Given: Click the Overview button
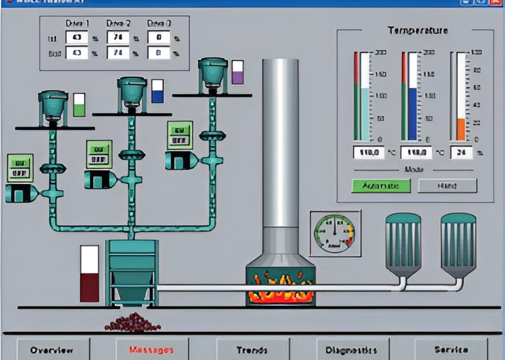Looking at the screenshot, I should pyautogui.click(x=52, y=350).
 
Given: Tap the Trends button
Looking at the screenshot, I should pyautogui.click(x=252, y=350).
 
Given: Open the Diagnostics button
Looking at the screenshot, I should pyautogui.click(x=352, y=350).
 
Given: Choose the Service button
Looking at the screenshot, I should pyautogui.click(x=452, y=350).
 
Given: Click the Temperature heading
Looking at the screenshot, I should pyautogui.click(x=418, y=30).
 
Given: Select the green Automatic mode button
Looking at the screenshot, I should pyautogui.click(x=381, y=185).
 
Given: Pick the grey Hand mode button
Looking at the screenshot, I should pyautogui.click(x=447, y=185).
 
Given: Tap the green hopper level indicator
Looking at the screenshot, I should pyautogui.click(x=79, y=105).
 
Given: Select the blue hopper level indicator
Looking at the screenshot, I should pyautogui.click(x=158, y=91).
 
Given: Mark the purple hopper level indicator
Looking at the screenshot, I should pyautogui.click(x=237, y=72).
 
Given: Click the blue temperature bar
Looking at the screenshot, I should pyautogui.click(x=412, y=112).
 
